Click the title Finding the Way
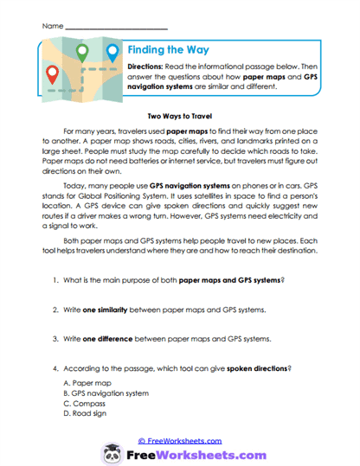[168, 50]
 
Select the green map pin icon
[83, 53]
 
